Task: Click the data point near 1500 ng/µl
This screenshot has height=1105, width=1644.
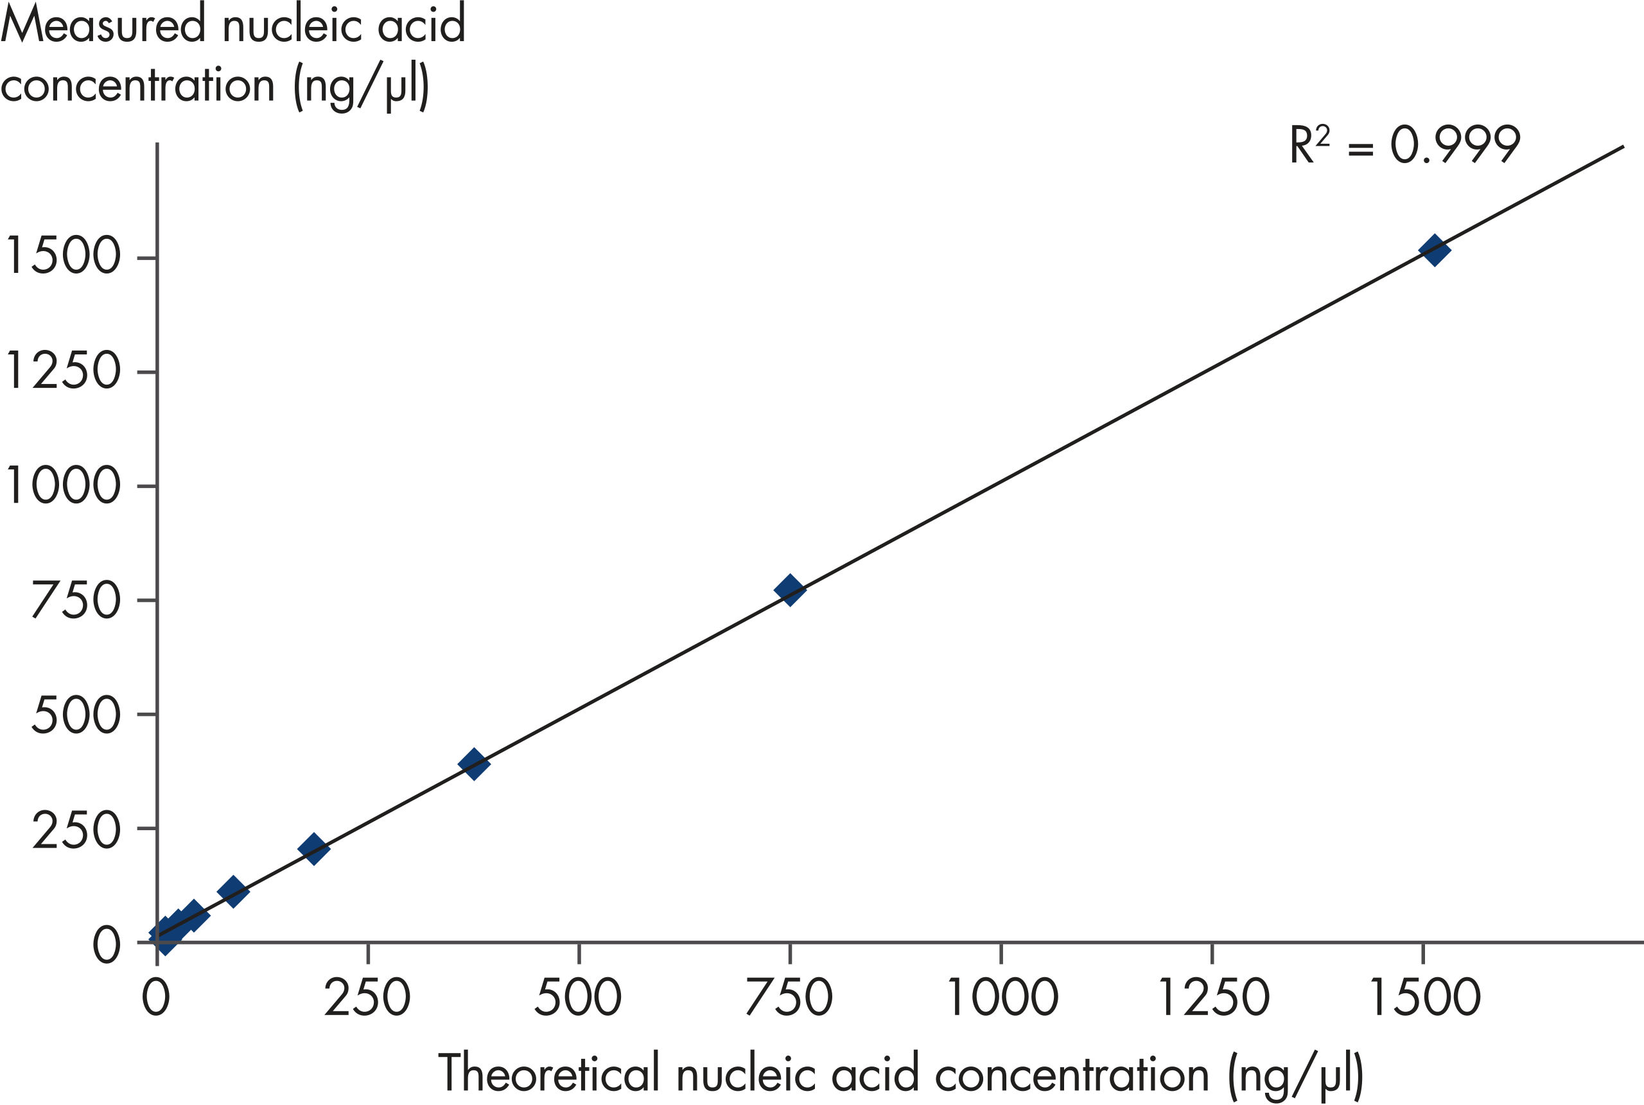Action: point(1435,250)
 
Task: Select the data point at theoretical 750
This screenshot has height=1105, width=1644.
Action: point(789,590)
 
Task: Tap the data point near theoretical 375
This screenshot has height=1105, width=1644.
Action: point(473,763)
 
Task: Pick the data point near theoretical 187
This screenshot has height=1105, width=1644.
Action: point(313,848)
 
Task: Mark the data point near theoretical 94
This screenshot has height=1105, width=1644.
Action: point(233,891)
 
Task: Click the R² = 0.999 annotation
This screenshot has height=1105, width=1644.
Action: point(1404,145)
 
